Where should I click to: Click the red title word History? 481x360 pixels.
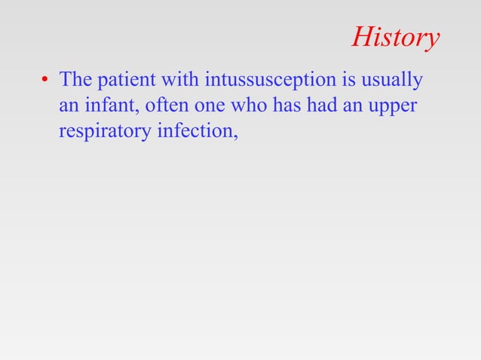pyautogui.click(x=395, y=38)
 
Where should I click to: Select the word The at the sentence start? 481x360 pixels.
pyautogui.click(x=75, y=79)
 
